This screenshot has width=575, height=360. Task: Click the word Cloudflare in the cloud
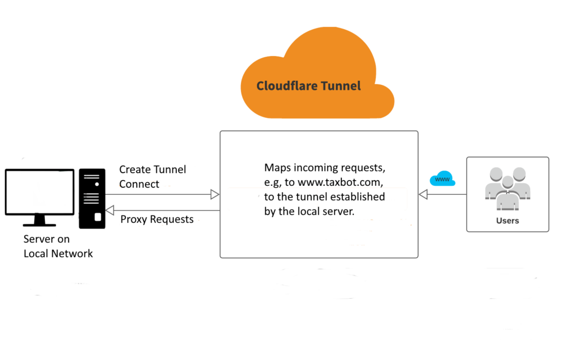click(287, 86)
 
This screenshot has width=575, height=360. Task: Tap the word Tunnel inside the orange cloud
click(341, 86)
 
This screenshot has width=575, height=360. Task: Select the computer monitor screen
click(39, 192)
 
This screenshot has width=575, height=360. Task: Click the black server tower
click(92, 198)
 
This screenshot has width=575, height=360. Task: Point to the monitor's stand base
click(39, 223)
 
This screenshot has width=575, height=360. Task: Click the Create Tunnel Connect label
click(152, 176)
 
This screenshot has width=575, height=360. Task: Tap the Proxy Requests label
click(157, 219)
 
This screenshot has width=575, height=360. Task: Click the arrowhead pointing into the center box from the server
click(215, 194)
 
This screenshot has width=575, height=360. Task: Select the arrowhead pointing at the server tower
click(111, 211)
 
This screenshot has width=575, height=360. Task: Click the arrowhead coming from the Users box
click(423, 194)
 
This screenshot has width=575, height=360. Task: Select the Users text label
click(508, 221)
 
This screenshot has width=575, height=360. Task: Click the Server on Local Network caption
click(58, 246)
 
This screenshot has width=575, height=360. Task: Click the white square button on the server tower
click(98, 217)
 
